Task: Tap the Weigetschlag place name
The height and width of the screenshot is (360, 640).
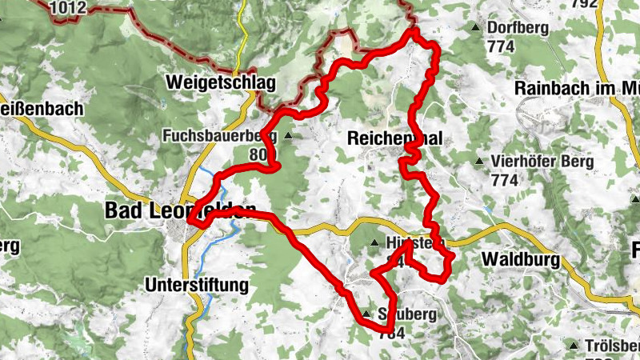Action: (x=221, y=82)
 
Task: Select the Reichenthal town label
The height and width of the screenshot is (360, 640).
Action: (x=395, y=138)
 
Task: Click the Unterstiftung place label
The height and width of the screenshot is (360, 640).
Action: (x=198, y=284)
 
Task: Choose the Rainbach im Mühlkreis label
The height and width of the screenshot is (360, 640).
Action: (x=576, y=87)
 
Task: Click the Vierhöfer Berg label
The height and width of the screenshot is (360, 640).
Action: (x=543, y=162)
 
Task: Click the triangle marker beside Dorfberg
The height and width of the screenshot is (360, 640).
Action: (x=478, y=28)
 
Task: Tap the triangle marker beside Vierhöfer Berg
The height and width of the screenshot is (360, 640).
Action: (x=478, y=162)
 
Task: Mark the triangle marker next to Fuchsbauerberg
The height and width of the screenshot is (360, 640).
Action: (x=287, y=135)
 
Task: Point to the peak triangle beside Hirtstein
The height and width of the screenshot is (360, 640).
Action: (x=374, y=242)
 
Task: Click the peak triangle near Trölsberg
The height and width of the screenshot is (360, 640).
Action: (x=573, y=346)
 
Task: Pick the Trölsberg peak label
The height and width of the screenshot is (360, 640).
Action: (x=611, y=346)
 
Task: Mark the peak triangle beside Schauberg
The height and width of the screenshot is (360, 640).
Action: (x=366, y=314)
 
